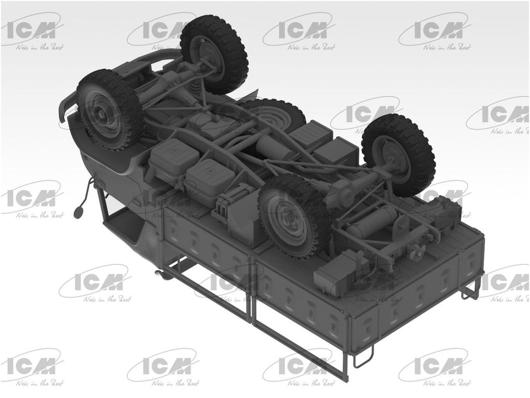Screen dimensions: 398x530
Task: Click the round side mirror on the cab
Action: [79, 211]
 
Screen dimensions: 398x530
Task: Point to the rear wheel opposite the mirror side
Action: [398, 154]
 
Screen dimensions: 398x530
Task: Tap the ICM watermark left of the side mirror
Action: [31, 199]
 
